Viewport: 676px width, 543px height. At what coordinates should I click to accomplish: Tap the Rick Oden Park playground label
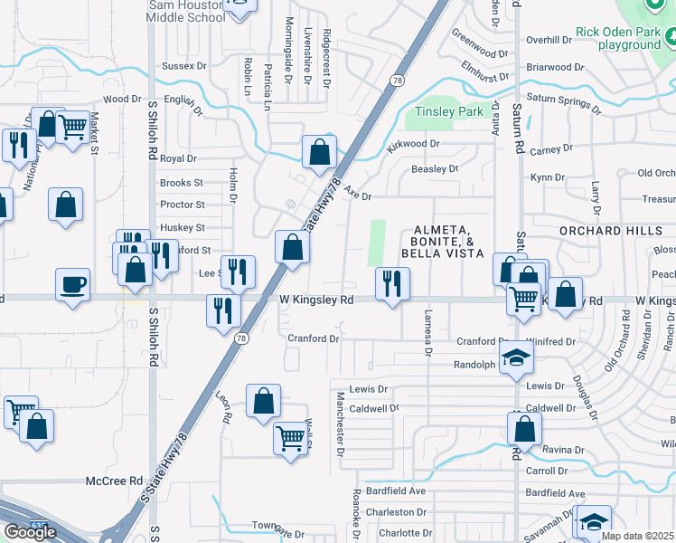[619, 38]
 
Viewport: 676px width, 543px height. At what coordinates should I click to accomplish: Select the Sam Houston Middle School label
[186, 11]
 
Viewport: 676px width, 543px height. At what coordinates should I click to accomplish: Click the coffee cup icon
[72, 285]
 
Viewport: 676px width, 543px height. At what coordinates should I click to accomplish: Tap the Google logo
[30, 532]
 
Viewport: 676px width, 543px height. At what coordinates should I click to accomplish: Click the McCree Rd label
[115, 481]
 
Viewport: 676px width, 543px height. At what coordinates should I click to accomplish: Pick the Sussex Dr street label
[183, 66]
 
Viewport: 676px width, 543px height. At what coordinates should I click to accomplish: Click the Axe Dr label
[358, 195]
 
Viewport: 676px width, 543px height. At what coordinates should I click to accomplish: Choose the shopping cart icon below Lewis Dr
[291, 438]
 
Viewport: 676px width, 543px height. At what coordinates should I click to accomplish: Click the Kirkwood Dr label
[412, 144]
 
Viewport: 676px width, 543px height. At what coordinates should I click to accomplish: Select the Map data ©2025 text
[637, 536]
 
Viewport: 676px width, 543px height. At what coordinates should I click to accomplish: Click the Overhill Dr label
[544, 40]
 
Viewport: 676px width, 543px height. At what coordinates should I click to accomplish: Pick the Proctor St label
[182, 205]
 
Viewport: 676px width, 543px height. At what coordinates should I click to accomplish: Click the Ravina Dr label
[563, 450]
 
